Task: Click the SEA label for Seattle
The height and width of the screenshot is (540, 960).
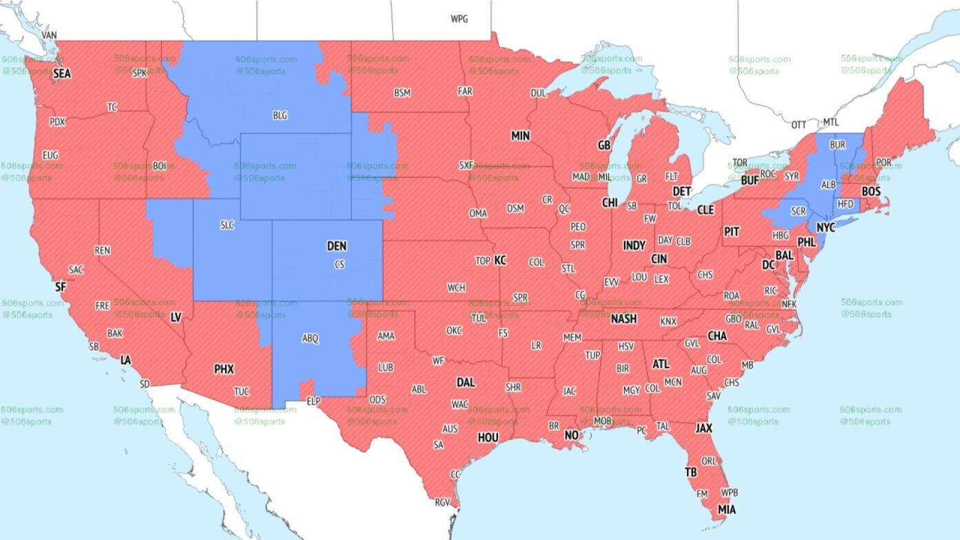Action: point(62,73)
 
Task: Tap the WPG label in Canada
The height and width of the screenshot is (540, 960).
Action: point(459,19)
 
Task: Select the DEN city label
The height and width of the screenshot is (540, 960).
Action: point(337,246)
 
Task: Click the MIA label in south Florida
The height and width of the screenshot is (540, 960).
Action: point(727,510)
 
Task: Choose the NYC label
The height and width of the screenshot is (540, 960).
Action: point(826,227)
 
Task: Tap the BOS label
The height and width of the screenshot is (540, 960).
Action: point(871,191)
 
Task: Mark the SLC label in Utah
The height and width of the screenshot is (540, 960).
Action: point(228,225)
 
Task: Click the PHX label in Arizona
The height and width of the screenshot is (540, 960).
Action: point(223,370)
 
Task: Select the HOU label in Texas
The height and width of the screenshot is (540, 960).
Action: point(488,437)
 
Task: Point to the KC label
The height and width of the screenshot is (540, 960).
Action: point(500,261)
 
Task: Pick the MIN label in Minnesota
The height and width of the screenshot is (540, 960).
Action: point(521,137)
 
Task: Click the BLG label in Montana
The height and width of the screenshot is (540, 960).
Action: point(280,116)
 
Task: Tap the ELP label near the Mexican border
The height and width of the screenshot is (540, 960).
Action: point(314,401)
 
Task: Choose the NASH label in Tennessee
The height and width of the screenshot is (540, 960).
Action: point(623,319)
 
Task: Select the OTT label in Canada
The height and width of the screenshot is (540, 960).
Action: point(799,125)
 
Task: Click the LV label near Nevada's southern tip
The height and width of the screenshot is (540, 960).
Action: point(176,317)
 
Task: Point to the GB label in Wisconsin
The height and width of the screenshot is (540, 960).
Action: point(604,146)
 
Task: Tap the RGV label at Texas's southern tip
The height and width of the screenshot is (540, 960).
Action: point(442,502)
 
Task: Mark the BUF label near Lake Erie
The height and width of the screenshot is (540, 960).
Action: point(750,181)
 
